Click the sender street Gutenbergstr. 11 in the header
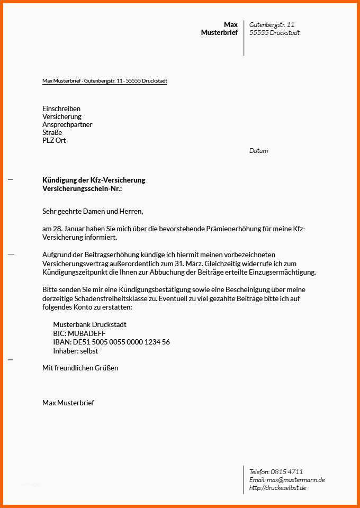pos(272,25)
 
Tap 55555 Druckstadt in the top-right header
pos(274,33)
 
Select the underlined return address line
pos(105,81)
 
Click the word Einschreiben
pos(61,108)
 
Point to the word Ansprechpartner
pos(67,124)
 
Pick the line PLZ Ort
pos(54,140)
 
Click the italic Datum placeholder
pos(258,151)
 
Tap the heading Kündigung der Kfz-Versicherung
pos(94,180)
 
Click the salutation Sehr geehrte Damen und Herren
pos(93,211)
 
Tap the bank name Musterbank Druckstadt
pos(89,324)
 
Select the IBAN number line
pos(111,342)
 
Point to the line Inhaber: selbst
pos(75,351)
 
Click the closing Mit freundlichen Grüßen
pos(80,368)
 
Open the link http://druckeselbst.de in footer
pos(278,488)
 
